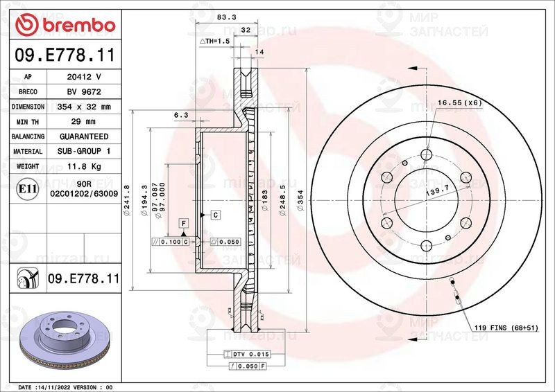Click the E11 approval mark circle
click(x=27, y=188)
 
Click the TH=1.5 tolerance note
click(x=214, y=42)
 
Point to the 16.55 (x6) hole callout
click(x=459, y=103)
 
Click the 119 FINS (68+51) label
click(x=500, y=328)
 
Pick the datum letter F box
click(x=184, y=223)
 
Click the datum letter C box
click(x=216, y=215)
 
